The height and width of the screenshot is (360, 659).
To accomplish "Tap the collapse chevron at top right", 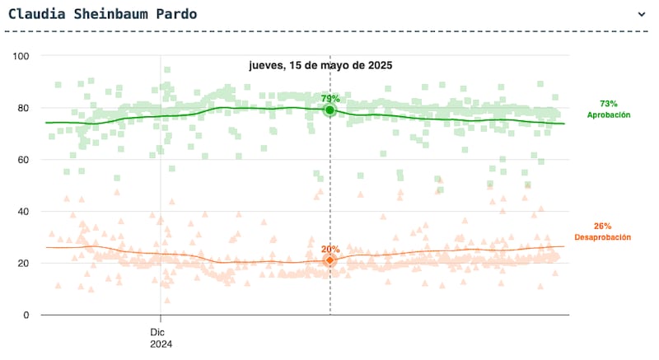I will click(642, 14).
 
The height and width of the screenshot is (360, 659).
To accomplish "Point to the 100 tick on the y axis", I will click(20, 56).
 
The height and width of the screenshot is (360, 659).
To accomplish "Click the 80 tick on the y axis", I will click(23, 108).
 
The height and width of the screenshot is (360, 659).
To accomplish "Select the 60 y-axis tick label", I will click(23, 160).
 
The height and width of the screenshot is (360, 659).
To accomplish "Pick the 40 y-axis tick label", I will click(23, 212).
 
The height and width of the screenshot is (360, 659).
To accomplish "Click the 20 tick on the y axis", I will click(23, 264).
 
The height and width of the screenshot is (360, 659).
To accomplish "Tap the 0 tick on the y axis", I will click(26, 316).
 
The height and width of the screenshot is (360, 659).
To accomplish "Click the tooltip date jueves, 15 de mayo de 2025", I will click(320, 65).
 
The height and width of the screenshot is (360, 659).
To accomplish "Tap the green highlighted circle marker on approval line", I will click(329, 110).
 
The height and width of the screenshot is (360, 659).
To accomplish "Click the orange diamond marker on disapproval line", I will click(329, 259).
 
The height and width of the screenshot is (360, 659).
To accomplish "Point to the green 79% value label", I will click(330, 99).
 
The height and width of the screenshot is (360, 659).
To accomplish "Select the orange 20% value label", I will click(330, 248).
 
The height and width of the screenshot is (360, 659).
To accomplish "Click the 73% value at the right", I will click(608, 104).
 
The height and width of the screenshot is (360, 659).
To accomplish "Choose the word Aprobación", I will click(608, 115).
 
